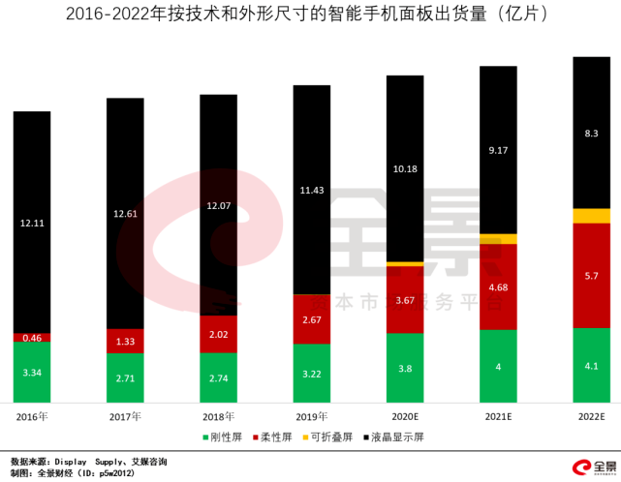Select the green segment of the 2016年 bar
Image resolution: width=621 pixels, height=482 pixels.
click(32, 372)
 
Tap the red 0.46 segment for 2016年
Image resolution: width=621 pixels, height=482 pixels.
click(32, 338)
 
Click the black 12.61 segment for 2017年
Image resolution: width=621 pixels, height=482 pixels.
click(125, 213)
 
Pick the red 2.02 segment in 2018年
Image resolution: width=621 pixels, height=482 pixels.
click(218, 334)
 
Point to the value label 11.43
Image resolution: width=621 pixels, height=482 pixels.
click(311, 190)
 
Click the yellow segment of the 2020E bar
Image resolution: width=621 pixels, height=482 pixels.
click(405, 263)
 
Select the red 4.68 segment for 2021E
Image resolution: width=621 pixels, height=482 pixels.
click(498, 287)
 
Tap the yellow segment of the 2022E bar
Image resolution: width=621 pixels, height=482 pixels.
click(591, 216)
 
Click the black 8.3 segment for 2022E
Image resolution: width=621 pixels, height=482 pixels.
click(591, 133)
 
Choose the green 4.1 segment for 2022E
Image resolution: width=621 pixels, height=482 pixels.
click(591, 366)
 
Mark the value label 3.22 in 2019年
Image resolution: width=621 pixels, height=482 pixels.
click(311, 373)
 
